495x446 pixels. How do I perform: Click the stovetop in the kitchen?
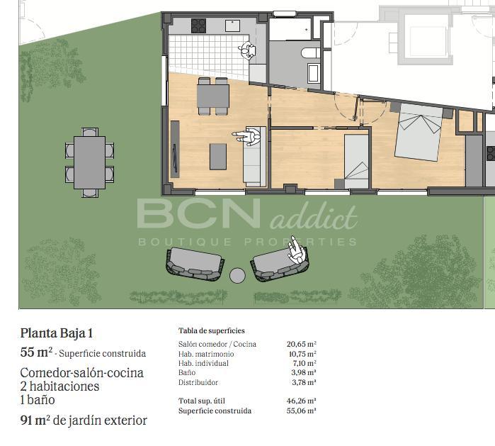198,26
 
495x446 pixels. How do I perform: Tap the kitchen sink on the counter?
233,26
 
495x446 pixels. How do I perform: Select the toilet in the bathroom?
311,52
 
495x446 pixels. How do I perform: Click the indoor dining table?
213,96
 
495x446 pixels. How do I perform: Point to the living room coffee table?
218,157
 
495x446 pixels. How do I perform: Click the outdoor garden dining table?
90,162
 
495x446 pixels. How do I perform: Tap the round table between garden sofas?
237,276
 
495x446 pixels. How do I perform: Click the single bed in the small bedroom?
356,162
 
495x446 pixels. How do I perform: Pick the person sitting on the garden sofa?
297,250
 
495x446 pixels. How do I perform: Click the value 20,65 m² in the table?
302,344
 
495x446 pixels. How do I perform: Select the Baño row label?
187,373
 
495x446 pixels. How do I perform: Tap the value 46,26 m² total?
302,401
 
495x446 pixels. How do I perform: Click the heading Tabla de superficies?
212,330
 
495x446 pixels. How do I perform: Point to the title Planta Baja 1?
57,333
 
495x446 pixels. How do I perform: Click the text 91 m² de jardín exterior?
84,420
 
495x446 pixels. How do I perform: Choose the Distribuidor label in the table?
198,382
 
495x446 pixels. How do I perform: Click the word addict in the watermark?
314,218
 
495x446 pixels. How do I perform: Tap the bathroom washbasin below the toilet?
314,73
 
